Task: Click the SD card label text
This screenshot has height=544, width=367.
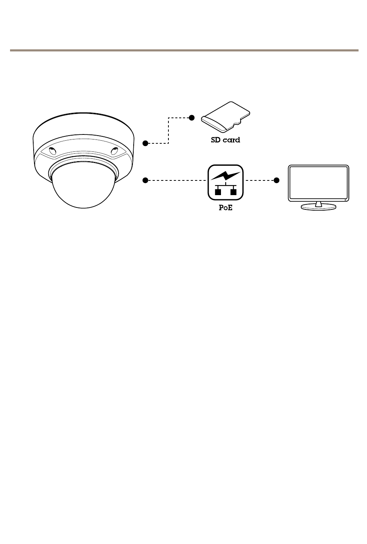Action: pos(225,140)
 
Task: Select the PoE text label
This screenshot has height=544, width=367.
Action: pos(226,207)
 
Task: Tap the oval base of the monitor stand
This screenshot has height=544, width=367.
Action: pos(318,207)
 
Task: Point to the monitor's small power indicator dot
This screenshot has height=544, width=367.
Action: pos(345,200)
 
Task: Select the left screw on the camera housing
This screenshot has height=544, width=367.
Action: pos(52,151)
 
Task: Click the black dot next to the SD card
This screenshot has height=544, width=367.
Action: pos(191,117)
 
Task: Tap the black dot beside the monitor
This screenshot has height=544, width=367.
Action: pos(276,180)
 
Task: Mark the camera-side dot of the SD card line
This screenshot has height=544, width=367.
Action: pos(145,143)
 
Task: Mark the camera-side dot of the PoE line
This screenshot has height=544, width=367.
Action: pos(145,180)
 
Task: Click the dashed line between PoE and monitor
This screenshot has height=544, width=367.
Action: pos(260,180)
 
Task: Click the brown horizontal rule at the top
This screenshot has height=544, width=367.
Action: pos(184,50)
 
